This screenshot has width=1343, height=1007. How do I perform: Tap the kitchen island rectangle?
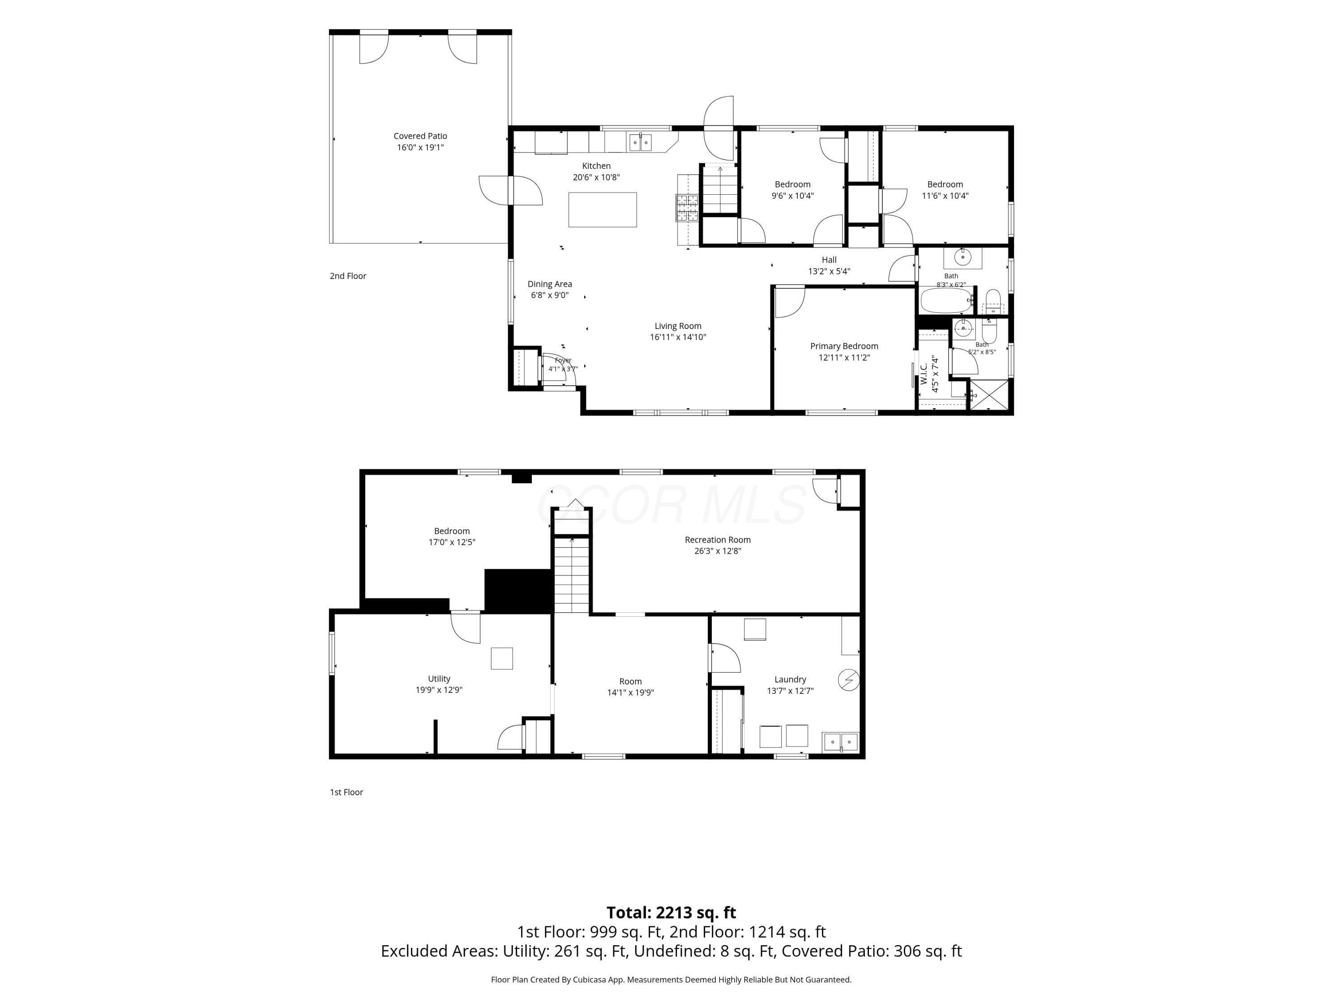602,209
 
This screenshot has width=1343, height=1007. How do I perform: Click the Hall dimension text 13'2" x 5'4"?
829,271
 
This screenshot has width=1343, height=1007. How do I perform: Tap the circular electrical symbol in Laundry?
849,680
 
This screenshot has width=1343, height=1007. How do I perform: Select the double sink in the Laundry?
840,742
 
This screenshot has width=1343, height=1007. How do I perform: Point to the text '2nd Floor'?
348,276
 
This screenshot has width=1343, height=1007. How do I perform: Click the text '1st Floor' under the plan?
346,792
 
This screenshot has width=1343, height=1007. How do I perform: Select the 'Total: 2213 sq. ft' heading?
671,912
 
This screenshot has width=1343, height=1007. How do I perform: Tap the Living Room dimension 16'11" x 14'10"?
678,337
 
